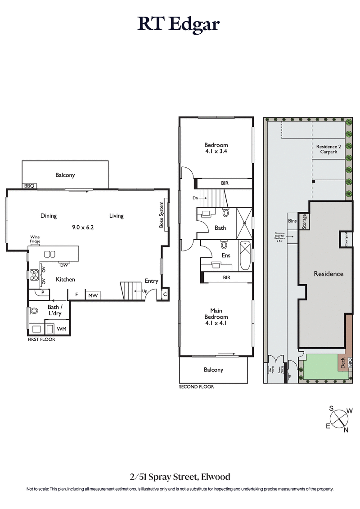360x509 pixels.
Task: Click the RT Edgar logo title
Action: tap(179, 24)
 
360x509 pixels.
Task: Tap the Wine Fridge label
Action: tap(35, 239)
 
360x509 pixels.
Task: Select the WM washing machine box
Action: tap(62, 329)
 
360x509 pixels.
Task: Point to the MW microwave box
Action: tap(93, 295)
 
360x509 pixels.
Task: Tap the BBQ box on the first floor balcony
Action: tap(30, 186)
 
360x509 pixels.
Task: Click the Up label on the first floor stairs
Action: tap(144, 291)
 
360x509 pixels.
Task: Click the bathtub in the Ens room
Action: tap(245, 255)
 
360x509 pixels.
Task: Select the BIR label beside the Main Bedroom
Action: tap(226, 278)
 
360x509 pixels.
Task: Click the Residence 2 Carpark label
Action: tap(328, 150)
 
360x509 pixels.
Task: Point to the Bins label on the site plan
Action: tap(292, 221)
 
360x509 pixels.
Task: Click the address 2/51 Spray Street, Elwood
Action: tap(180, 477)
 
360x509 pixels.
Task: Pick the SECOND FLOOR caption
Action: tap(196, 387)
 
